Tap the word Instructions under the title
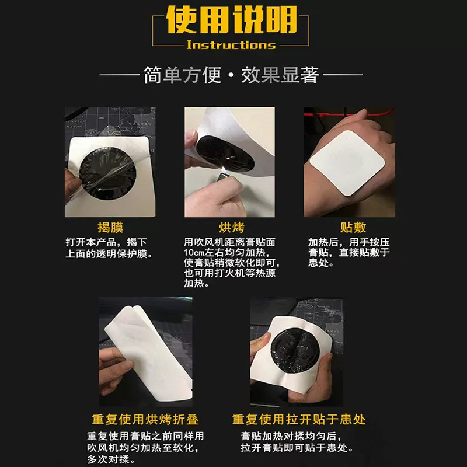[231, 45]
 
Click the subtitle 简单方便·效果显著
[231, 75]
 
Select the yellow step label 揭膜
[110, 227]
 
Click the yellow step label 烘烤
[231, 227]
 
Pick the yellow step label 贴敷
[353, 227]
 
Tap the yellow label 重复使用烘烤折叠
[145, 420]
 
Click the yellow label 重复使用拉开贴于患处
[298, 420]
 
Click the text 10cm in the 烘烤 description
[194, 252]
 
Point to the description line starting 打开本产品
[105, 242]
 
